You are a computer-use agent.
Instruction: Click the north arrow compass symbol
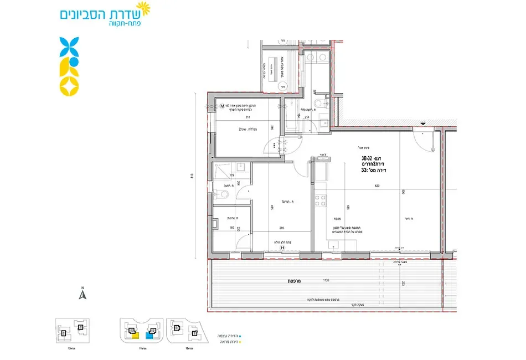click(x=82, y=294)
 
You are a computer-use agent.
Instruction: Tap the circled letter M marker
click(x=221, y=106)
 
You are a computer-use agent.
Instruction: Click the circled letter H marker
click(x=282, y=248)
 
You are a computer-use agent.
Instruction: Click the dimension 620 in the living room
click(x=377, y=186)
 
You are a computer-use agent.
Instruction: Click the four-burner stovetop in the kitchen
click(x=320, y=201)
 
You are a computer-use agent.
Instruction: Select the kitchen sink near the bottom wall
click(x=332, y=246)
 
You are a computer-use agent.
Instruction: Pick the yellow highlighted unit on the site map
click(x=135, y=335)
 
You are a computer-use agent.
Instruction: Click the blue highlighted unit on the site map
click(x=148, y=335)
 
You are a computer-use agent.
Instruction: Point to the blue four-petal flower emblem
click(x=69, y=46)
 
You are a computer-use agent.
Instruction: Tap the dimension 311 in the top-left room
click(x=233, y=117)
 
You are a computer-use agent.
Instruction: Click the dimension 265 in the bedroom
click(x=282, y=227)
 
